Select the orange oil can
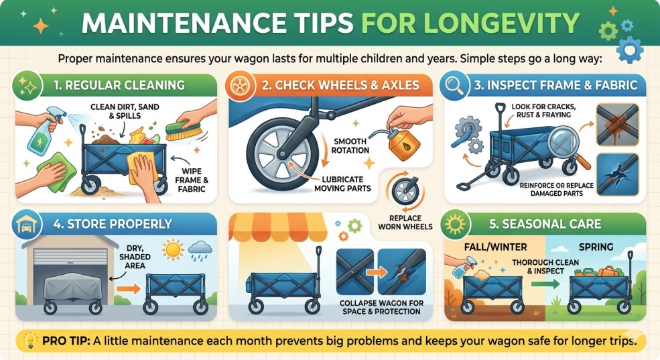click(403, 143)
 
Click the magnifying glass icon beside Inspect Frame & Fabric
click(454, 85)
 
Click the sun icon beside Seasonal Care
click(455, 224)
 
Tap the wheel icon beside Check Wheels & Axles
click(240, 85)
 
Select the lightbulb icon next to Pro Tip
click(30, 340)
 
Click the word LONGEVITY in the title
click(470, 23)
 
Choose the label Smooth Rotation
click(350, 145)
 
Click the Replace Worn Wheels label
click(405, 222)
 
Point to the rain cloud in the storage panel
click(200, 249)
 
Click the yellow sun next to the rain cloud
click(173, 250)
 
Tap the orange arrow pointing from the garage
click(128, 289)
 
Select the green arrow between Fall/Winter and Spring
click(545, 284)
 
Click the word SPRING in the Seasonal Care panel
click(596, 247)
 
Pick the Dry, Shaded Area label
click(135, 257)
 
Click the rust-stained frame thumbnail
click(618, 125)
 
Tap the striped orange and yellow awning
click(277, 227)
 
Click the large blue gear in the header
click(629, 49)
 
